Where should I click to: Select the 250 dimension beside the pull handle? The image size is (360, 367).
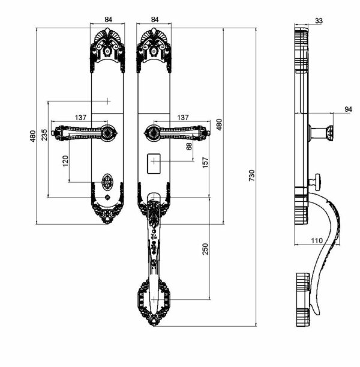coord(205,248)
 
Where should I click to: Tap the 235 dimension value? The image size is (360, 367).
coord(44,136)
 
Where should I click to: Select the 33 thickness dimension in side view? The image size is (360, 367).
coord(318,21)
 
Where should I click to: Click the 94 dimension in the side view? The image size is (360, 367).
coord(348,109)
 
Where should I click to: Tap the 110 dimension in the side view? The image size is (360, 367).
coord(317,240)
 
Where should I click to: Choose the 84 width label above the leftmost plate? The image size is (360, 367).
coord(108,19)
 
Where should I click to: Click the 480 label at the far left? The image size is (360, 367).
coord(32,136)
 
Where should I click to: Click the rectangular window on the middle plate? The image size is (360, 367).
coord(155,163)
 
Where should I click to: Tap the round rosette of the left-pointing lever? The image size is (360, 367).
coord(107,133)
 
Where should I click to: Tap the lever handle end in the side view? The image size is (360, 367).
coord(328,133)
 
